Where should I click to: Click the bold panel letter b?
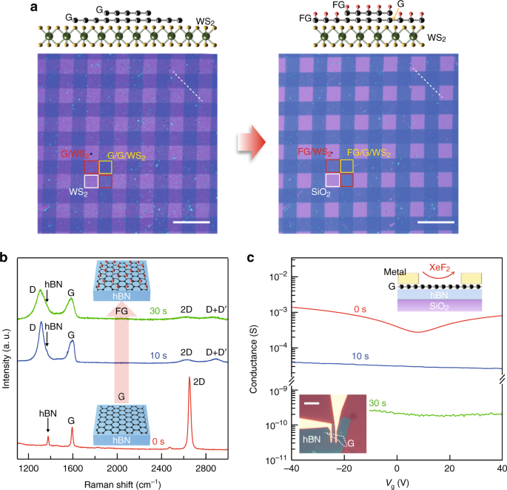5,259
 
